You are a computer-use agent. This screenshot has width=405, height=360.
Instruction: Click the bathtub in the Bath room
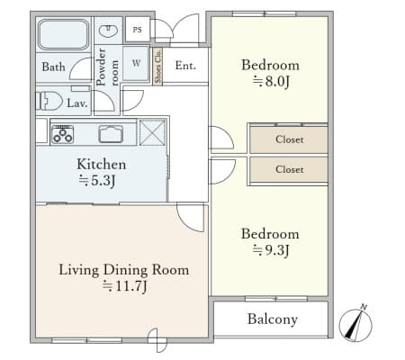[x=63, y=34]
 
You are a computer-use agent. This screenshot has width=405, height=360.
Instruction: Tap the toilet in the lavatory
[x=49, y=101]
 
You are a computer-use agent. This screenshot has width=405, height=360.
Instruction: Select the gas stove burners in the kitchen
[x=62, y=134]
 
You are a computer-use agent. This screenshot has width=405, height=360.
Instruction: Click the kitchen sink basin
[x=111, y=134]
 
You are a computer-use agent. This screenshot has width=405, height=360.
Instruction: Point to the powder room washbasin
[x=108, y=31]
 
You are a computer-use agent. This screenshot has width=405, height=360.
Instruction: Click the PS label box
[x=137, y=30]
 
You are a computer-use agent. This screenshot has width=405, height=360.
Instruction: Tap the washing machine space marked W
[x=136, y=63]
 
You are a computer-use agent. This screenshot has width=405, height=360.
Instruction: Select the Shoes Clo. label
[x=157, y=67]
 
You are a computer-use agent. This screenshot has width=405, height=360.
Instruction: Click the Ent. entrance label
[x=185, y=66]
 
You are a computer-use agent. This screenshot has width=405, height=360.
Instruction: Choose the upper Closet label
[x=290, y=139]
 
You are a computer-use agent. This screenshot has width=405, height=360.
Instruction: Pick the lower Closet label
[x=290, y=169]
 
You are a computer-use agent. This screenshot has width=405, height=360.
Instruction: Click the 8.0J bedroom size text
[x=271, y=82]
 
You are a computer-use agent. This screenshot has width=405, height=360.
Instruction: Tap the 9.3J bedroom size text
[x=271, y=250]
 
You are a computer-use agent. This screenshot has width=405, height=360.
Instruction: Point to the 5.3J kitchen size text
[x=97, y=181]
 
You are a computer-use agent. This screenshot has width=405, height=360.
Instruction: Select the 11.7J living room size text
[x=124, y=286]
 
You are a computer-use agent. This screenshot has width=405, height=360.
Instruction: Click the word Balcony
[x=273, y=319]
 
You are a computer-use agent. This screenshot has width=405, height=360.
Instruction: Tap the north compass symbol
[x=355, y=324]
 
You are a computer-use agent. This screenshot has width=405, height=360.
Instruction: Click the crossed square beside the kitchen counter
[x=152, y=132]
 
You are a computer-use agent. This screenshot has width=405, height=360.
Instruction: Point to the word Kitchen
[x=101, y=164]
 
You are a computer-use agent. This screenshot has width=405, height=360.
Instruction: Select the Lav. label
[x=77, y=103]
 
